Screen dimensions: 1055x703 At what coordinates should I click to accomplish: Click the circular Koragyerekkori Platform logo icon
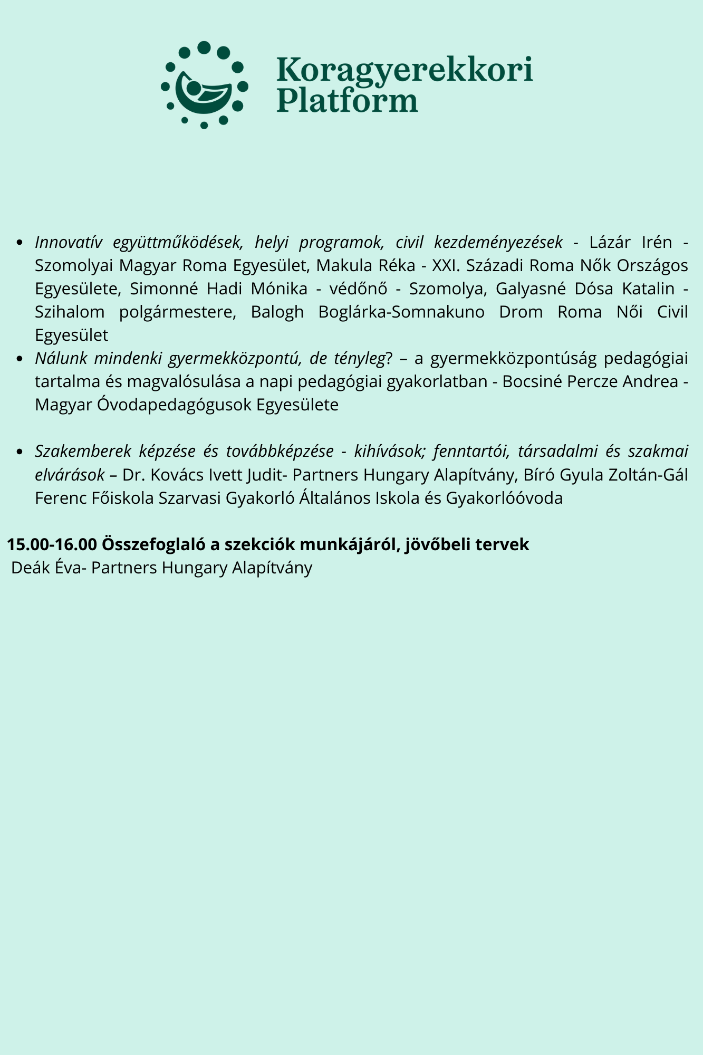click(x=205, y=85)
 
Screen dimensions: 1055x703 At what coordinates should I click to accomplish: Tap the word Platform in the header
click(x=348, y=100)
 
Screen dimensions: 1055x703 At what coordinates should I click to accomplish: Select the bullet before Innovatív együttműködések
click(x=20, y=243)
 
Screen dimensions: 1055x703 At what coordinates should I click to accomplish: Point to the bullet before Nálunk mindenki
click(x=20, y=359)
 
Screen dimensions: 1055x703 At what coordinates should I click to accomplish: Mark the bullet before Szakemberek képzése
click(x=20, y=452)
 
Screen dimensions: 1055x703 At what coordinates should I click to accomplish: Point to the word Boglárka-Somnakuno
click(x=401, y=312)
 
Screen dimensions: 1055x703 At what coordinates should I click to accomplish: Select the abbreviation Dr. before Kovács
click(x=132, y=475)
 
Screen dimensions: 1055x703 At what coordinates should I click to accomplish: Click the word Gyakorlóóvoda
click(x=504, y=498)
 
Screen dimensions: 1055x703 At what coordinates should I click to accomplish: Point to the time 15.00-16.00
click(x=52, y=544)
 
